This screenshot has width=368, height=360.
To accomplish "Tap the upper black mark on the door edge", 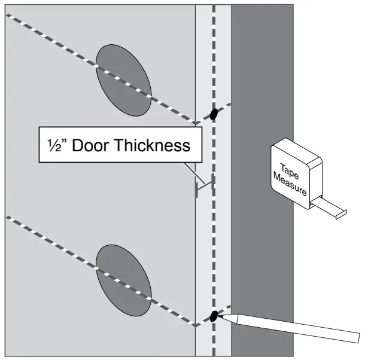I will tap(213, 114).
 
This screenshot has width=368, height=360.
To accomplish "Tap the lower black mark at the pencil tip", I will tap(213, 316).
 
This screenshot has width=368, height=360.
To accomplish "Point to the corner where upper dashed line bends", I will tap(197, 124).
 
